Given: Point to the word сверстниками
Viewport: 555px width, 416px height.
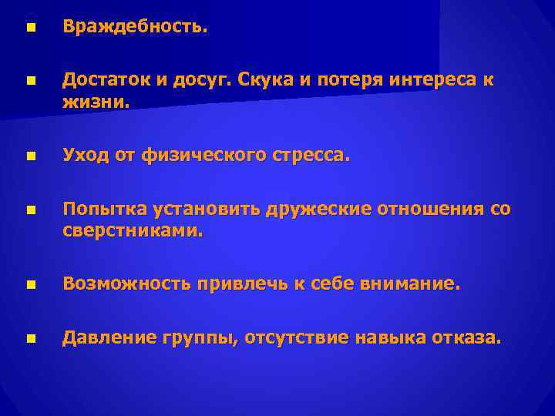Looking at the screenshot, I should tap(133, 230).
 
